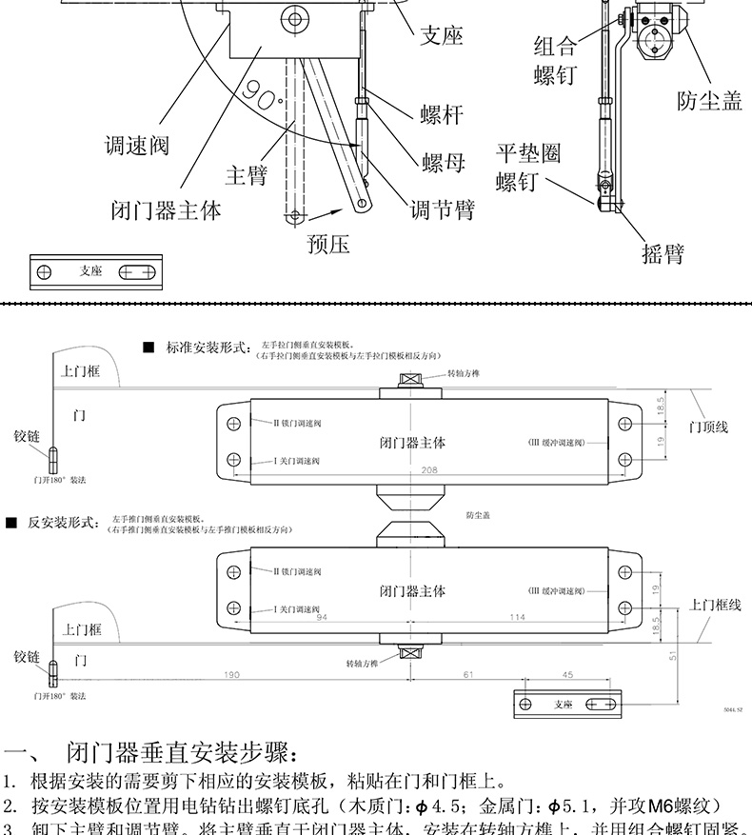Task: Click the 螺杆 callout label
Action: [442, 116]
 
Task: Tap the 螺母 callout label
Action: [444, 163]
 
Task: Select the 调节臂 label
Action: [442, 209]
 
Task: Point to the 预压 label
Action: [328, 245]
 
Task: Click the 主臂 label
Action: [246, 176]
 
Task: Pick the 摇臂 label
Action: [663, 253]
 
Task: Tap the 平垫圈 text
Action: [528, 152]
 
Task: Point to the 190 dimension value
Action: [230, 675]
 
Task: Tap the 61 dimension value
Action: [467, 675]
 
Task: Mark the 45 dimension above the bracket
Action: [567, 675]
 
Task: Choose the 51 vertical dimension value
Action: [673, 655]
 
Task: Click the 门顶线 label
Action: [708, 427]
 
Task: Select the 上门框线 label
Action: [715, 605]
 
